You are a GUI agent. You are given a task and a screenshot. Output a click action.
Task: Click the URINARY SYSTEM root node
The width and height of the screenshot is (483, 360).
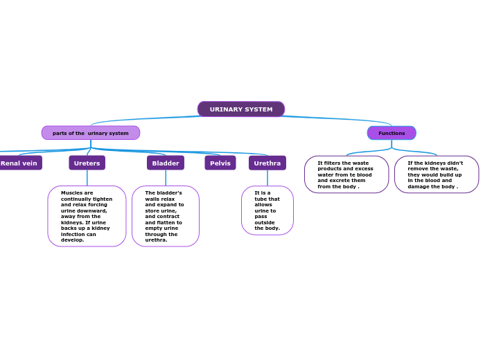click(x=241, y=109)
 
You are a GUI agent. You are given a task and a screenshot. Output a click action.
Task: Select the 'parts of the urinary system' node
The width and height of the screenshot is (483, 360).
click(x=91, y=133)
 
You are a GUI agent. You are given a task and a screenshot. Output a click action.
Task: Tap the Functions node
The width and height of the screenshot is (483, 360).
click(x=392, y=133)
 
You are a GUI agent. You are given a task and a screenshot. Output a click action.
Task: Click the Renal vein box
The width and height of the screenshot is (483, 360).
click(x=19, y=163)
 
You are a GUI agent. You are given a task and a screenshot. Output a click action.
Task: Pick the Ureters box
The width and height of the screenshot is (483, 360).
click(x=87, y=163)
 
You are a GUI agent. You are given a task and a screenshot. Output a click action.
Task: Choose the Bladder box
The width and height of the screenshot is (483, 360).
click(x=166, y=163)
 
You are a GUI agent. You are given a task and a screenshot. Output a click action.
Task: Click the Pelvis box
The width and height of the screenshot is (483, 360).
click(x=220, y=163)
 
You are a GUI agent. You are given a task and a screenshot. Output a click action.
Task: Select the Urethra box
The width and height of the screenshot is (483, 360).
click(x=267, y=163)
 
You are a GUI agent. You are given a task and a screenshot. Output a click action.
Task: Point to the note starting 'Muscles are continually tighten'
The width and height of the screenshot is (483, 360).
click(x=87, y=216)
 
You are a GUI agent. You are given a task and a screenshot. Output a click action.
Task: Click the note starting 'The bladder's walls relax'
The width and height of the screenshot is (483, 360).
click(x=166, y=216)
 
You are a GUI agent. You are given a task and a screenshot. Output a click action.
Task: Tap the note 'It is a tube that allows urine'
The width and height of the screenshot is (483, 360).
click(x=267, y=210)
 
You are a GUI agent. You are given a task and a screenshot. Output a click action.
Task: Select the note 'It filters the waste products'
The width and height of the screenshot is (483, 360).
click(x=346, y=174)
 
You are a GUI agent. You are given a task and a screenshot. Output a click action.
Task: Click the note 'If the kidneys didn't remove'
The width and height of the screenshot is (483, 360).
click(x=437, y=174)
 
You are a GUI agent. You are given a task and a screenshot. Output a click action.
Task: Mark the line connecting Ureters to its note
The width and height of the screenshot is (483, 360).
click(x=87, y=178)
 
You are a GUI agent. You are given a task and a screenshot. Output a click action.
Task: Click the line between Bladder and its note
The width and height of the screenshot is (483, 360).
click(x=166, y=178)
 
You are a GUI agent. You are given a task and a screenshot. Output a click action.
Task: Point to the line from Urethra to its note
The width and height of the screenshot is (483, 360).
click(x=267, y=178)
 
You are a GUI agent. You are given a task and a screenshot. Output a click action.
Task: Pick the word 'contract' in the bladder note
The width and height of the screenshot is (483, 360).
click(x=167, y=217)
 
